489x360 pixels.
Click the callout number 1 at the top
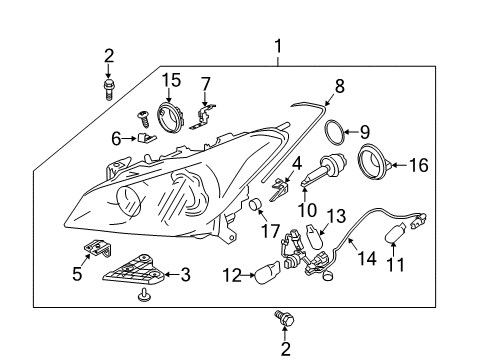(x=278, y=46)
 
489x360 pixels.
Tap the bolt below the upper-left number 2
(x=108, y=89)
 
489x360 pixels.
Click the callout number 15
(x=171, y=80)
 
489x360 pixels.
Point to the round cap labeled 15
(x=171, y=118)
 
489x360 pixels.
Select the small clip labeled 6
(x=146, y=137)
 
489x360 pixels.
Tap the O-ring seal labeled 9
(x=334, y=132)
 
